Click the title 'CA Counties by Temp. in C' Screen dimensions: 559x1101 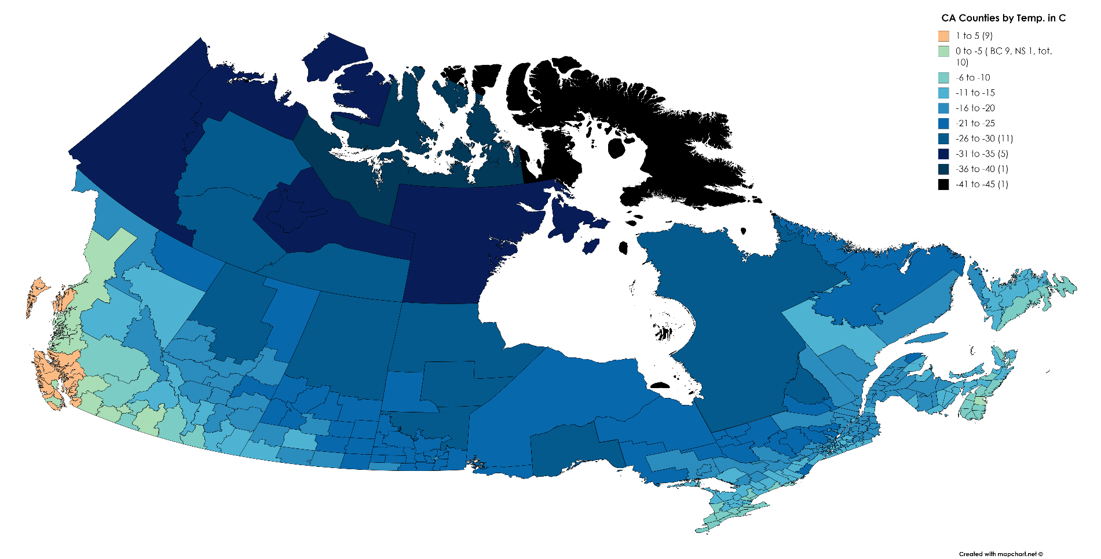1003,18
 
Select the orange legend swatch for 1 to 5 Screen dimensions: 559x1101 943,36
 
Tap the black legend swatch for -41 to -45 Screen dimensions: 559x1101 943,184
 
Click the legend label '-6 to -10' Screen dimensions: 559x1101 972,78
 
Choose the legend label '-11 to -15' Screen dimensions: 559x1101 975,93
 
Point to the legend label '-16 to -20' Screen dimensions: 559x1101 975,108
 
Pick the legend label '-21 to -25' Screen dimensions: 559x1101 975,123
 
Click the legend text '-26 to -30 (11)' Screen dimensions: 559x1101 984,138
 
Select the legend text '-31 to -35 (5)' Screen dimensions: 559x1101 982,154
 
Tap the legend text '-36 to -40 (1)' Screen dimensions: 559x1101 982,169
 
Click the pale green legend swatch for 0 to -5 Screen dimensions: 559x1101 943,51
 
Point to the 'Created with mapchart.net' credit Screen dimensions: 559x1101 1000,554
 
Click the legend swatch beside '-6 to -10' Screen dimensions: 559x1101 943,78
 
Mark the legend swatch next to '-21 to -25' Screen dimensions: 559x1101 943,123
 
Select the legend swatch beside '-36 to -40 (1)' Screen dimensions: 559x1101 943,169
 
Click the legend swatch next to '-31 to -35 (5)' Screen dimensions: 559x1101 943,154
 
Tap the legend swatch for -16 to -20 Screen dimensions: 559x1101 943,108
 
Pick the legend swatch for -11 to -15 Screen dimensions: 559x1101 943,93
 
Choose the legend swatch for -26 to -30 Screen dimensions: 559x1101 943,138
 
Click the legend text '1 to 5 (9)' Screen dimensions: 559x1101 974,36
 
